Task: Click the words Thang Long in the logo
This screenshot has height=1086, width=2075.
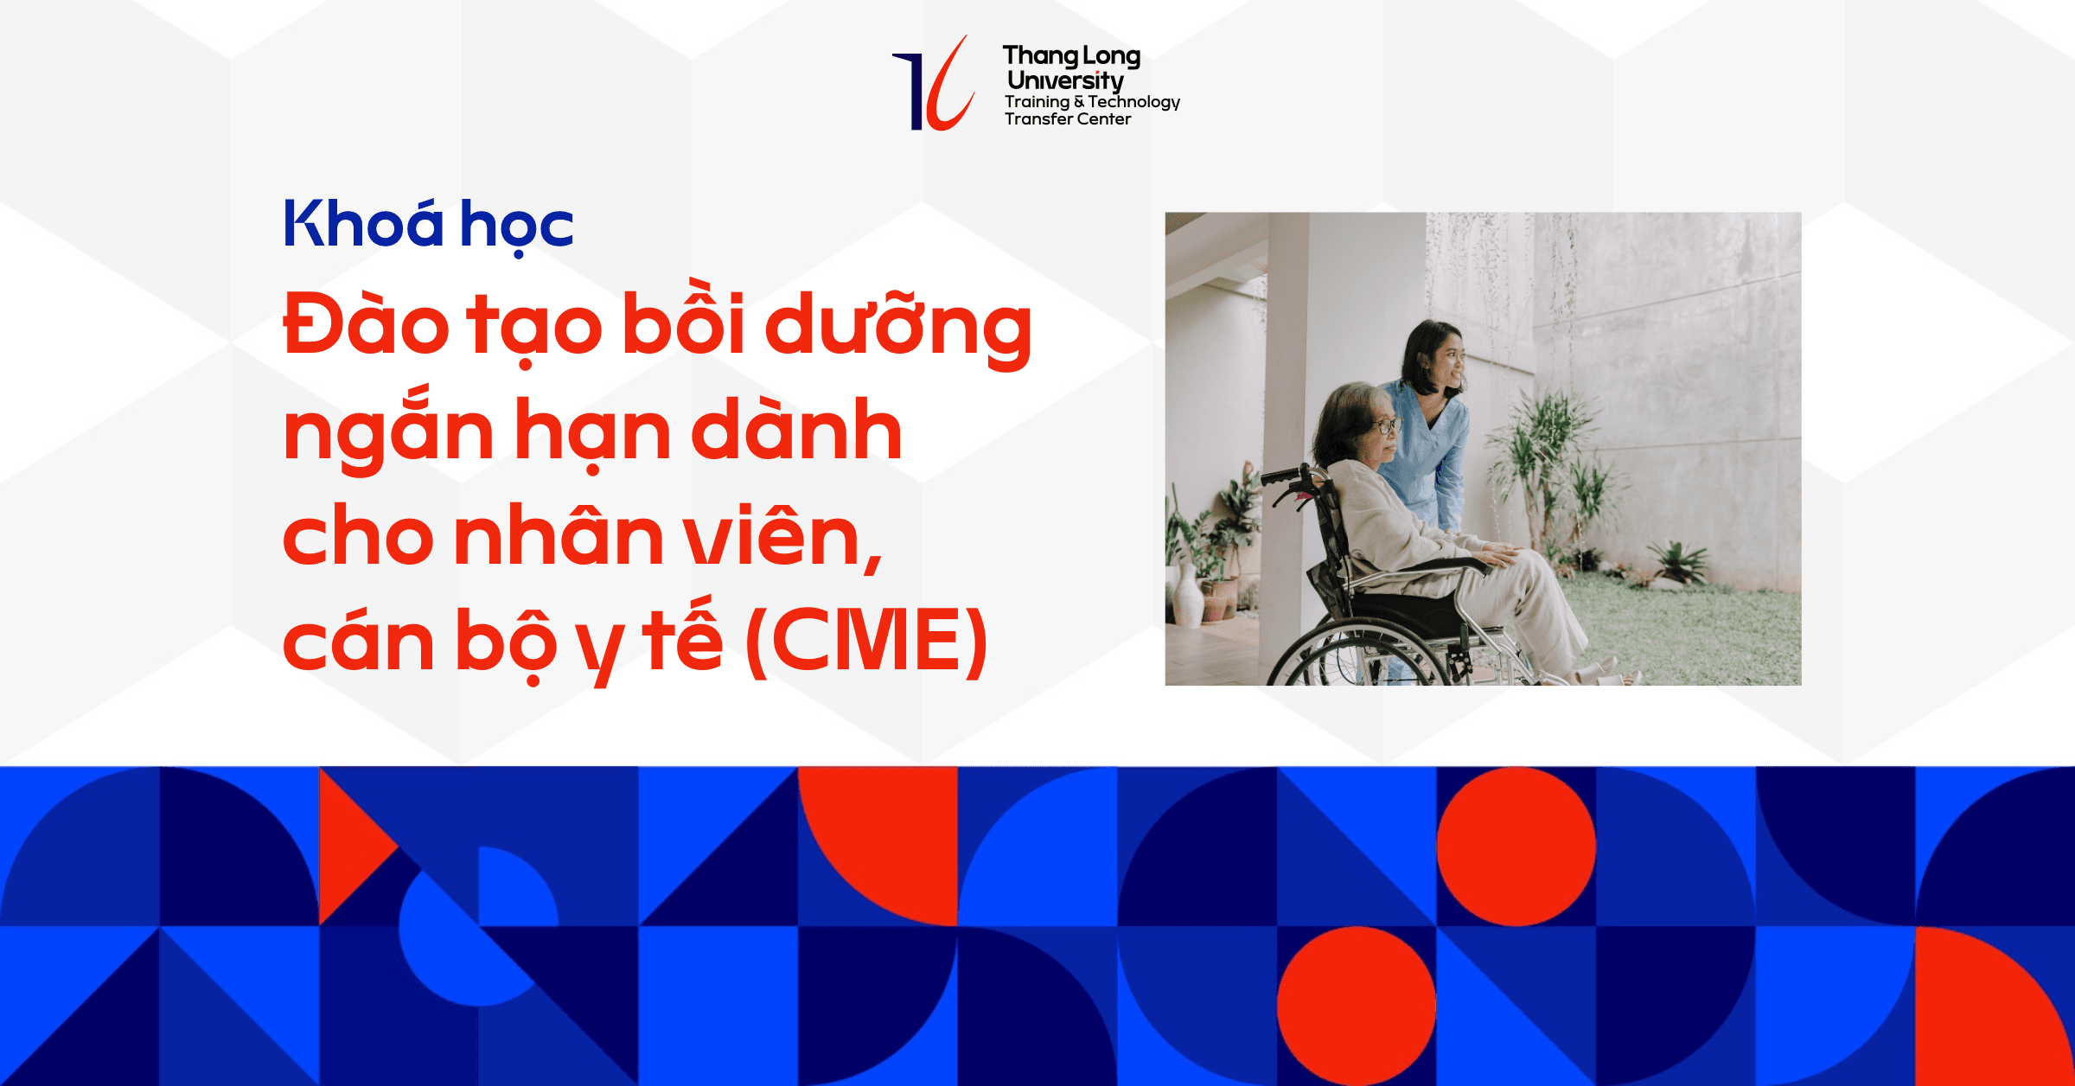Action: point(1071,56)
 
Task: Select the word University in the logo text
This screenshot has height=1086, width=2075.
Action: point(1065,80)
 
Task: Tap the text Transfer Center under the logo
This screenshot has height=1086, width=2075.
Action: point(1067,119)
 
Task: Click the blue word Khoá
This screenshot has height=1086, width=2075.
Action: point(363,224)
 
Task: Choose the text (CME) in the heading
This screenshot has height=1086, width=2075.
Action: point(865,642)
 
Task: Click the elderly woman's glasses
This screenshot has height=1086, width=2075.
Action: point(1382,425)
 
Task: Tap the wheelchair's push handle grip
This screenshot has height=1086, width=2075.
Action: point(1280,476)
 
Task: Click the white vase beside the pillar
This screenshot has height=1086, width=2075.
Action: point(1188,596)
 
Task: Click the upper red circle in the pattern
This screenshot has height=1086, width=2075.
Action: point(1516,846)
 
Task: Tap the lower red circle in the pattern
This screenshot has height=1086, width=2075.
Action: point(1356,1006)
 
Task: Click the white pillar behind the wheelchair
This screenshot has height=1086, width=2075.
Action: point(1293,346)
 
